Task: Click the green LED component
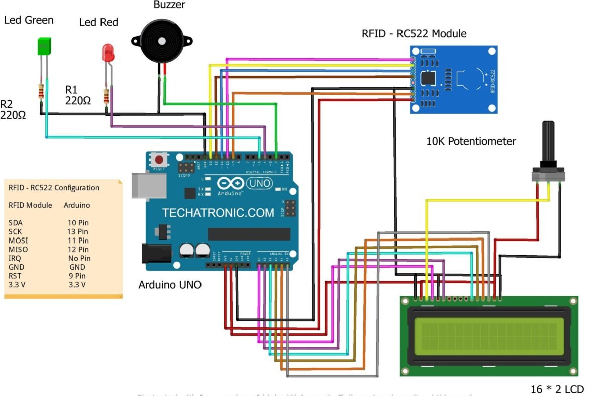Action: coord(45,46)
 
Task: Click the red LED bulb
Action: coord(107,53)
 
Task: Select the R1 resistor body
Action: coord(107,96)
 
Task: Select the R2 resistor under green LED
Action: coord(40,92)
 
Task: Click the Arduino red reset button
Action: coord(159,160)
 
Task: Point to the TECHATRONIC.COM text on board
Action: coord(218,213)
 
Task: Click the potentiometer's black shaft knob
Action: coord(549,140)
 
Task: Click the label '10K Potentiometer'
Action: coord(470,142)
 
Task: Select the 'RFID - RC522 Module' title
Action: coord(414,34)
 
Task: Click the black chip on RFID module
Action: coord(428,77)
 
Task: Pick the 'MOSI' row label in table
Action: coord(18,240)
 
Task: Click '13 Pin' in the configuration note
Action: coord(78,231)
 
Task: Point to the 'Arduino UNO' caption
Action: coord(170,285)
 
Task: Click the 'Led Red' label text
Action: coord(99,22)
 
